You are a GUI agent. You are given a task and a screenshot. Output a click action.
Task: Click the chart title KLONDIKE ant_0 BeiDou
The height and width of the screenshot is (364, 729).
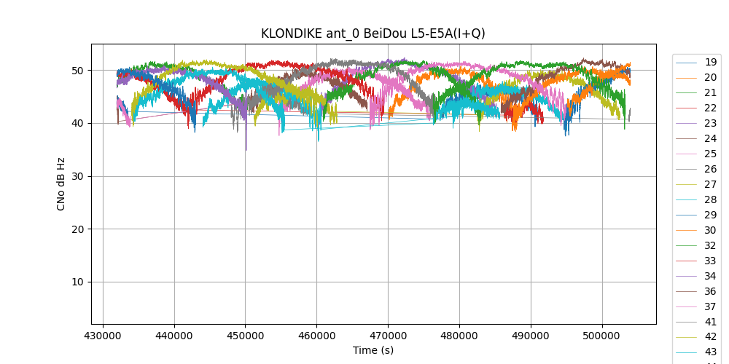(373, 33)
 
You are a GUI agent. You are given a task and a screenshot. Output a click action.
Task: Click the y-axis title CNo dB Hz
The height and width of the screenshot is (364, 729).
(61, 184)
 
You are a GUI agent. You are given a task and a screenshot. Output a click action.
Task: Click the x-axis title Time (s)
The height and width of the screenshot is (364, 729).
(373, 350)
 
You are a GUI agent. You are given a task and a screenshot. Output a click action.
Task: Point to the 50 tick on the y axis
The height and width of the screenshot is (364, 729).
(78, 71)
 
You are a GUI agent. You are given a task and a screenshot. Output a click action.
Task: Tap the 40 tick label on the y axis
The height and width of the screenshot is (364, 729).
(78, 123)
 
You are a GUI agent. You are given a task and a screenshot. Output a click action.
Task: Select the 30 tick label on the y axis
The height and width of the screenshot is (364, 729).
(78, 176)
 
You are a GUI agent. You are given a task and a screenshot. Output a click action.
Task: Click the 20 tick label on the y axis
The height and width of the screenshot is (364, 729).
(78, 229)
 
